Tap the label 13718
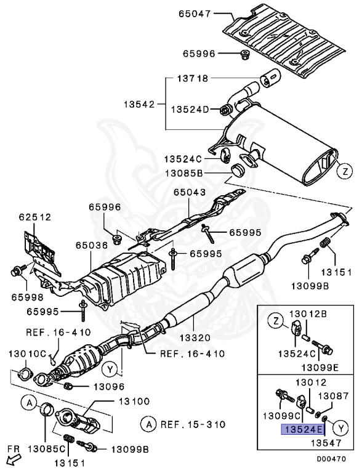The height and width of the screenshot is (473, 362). (193, 79)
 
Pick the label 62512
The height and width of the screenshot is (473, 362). (35, 217)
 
